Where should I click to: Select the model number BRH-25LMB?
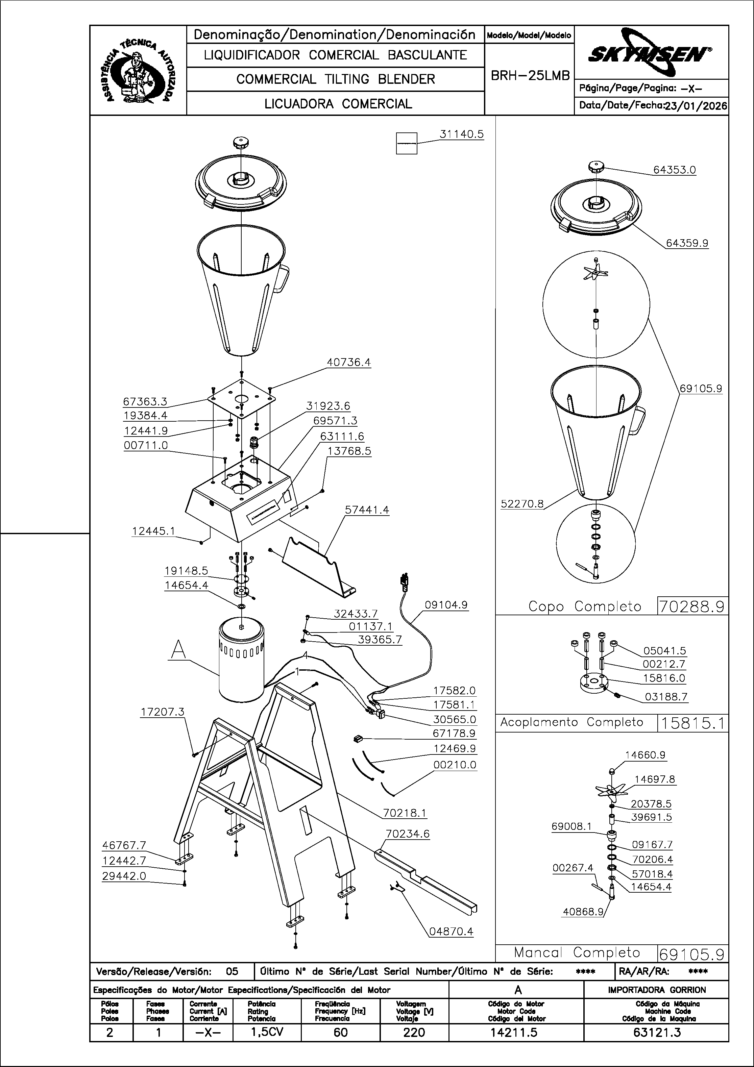(x=530, y=76)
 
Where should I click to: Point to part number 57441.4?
(x=367, y=510)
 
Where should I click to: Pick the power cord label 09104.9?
(x=446, y=605)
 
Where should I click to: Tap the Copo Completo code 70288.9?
(x=692, y=606)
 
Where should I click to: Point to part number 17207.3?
(x=162, y=712)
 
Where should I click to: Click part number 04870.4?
(x=451, y=931)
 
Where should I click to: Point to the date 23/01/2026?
(x=696, y=105)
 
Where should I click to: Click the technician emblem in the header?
(x=138, y=70)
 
